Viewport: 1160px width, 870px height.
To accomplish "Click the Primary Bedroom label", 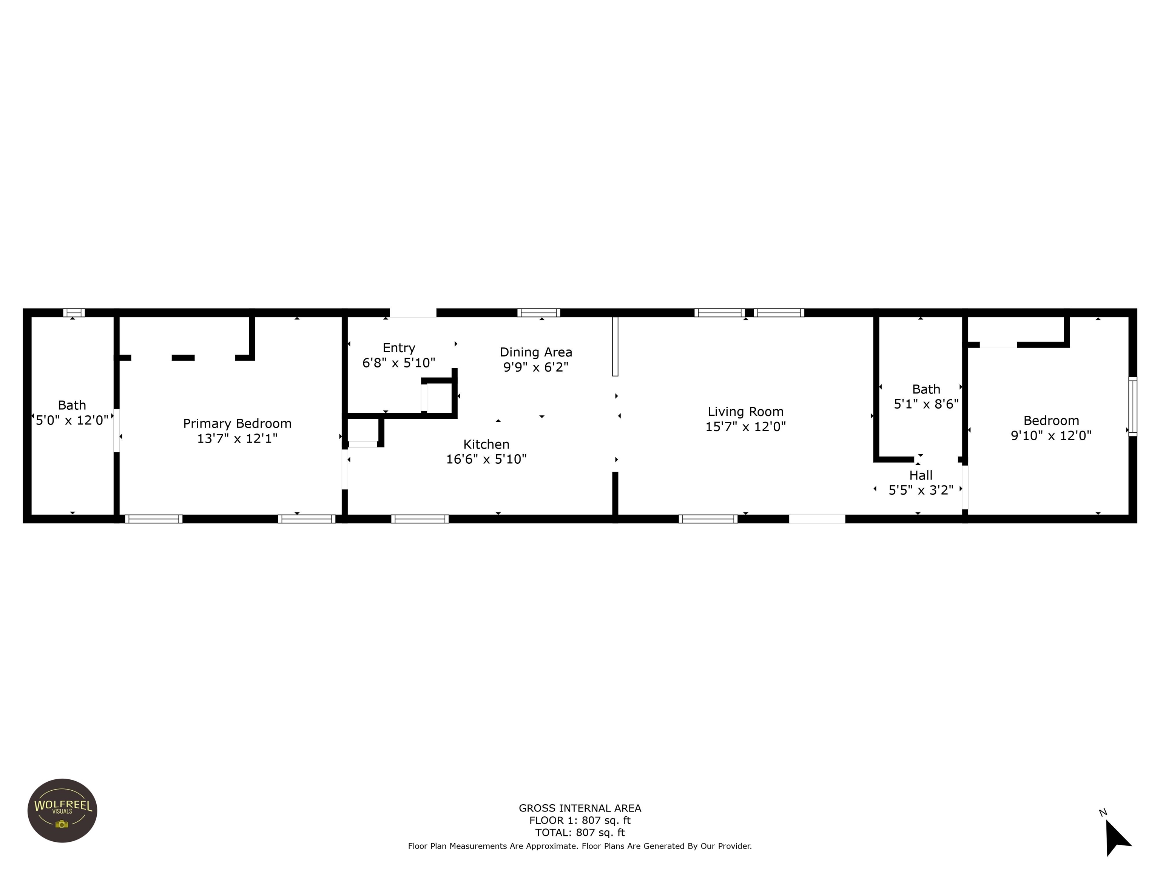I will (x=237, y=423).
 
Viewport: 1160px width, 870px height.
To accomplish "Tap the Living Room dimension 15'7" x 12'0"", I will (x=745, y=427).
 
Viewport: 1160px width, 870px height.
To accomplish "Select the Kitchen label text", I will (x=486, y=444).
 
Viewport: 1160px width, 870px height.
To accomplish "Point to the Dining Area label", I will (x=535, y=352).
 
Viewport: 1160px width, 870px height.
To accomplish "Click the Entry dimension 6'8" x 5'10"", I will (x=398, y=363).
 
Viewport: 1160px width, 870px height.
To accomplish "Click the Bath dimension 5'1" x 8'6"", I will (x=926, y=404).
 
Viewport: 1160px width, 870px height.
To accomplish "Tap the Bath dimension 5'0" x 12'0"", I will (x=72, y=420).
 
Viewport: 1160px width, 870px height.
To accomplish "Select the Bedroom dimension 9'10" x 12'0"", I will (x=1051, y=435).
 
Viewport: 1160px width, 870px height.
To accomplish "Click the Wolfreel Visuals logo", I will (x=62, y=810).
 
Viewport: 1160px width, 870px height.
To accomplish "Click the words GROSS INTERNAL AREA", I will (x=580, y=808).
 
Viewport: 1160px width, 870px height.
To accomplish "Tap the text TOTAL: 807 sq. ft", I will (x=580, y=832).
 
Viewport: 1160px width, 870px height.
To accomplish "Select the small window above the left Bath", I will (x=74, y=313).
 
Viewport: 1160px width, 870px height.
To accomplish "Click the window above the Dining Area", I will (x=538, y=313).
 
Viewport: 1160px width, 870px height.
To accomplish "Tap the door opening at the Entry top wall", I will (x=413, y=313).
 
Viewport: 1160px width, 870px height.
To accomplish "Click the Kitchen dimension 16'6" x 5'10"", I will (x=486, y=460).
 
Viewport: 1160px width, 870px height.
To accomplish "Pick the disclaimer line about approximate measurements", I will (x=580, y=846).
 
